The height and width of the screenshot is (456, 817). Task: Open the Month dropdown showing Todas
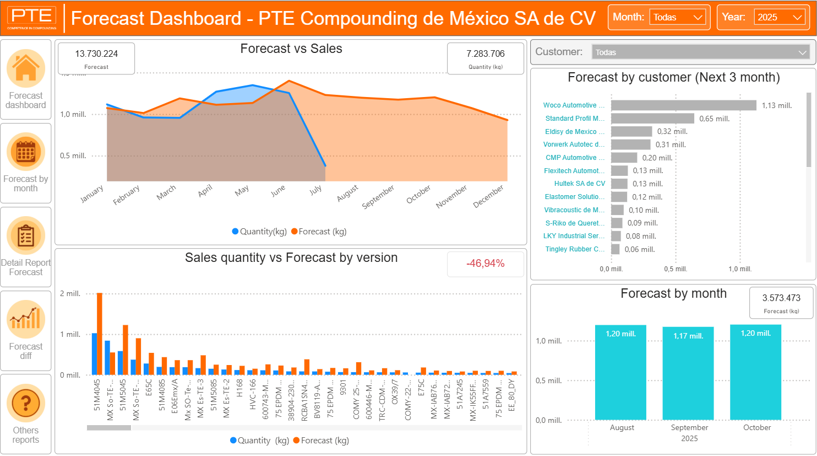coord(678,18)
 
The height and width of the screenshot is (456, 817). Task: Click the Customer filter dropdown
coord(700,52)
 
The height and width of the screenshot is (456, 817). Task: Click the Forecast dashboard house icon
coord(26,68)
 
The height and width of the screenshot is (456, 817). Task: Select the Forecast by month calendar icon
coord(26,152)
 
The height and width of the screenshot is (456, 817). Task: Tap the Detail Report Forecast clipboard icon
coord(26,235)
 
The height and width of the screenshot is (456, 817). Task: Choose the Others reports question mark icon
coord(26,403)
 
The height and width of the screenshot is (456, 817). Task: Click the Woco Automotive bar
coord(683,105)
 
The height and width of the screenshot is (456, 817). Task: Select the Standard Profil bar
coord(652,119)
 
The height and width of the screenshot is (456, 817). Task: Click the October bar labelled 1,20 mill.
coord(755,372)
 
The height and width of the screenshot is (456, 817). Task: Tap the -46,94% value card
coord(485,264)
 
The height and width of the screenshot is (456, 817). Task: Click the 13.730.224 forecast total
coord(96,54)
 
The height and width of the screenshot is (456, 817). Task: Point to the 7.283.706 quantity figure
coord(485,54)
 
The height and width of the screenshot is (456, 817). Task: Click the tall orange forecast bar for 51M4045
coord(100,334)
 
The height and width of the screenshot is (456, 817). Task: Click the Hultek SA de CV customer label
coord(579,184)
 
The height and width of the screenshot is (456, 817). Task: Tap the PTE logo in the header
coord(32,18)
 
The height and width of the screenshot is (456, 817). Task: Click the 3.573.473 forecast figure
coord(781,298)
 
